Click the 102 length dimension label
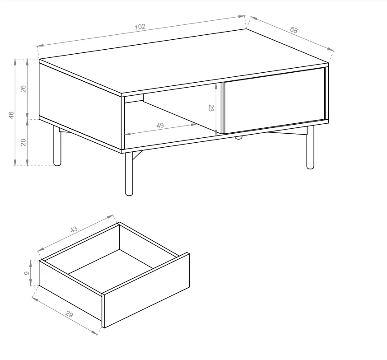coord(140,27)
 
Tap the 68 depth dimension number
coord(294,30)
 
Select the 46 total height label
coord(11,115)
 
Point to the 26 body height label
coord(23,89)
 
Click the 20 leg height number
coord(23,142)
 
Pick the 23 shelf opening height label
coord(211,108)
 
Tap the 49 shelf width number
coord(160,126)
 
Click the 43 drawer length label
coord(74,229)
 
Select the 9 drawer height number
coord(27,273)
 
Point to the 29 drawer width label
coord(70,314)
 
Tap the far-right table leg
coord(310,147)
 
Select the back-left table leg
coord(57,146)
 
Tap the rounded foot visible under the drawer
coord(238,137)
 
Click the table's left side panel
coord(80,106)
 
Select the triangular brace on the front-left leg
coord(137,155)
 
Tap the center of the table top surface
coord(184,62)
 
